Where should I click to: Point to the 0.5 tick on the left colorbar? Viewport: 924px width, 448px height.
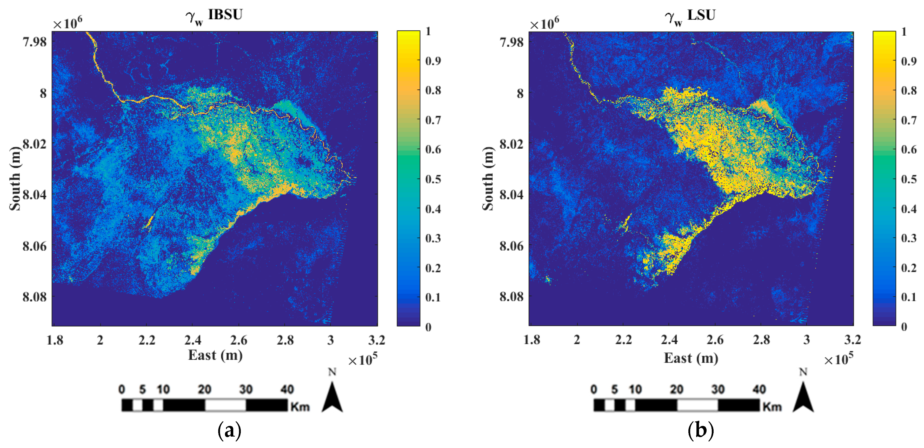(433, 179)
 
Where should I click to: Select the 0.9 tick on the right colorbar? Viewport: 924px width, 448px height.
(909, 61)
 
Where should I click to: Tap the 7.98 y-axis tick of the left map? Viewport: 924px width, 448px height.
(35, 42)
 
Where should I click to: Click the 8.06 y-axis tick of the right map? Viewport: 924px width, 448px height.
(511, 246)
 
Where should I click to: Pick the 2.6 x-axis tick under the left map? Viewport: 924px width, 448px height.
(238, 340)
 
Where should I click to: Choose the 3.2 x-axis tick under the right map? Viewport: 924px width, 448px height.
(852, 339)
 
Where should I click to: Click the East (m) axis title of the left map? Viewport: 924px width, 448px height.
(215, 355)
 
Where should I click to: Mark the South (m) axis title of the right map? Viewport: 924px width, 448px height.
(488, 178)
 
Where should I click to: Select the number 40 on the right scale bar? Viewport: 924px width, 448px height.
(759, 389)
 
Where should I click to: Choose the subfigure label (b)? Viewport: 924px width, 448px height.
(700, 430)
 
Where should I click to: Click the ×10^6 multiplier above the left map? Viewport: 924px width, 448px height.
(68, 23)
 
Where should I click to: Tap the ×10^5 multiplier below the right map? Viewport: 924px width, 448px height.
(838, 359)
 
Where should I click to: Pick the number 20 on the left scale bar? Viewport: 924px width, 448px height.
(204, 389)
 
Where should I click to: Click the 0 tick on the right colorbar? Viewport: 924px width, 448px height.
(904, 326)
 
